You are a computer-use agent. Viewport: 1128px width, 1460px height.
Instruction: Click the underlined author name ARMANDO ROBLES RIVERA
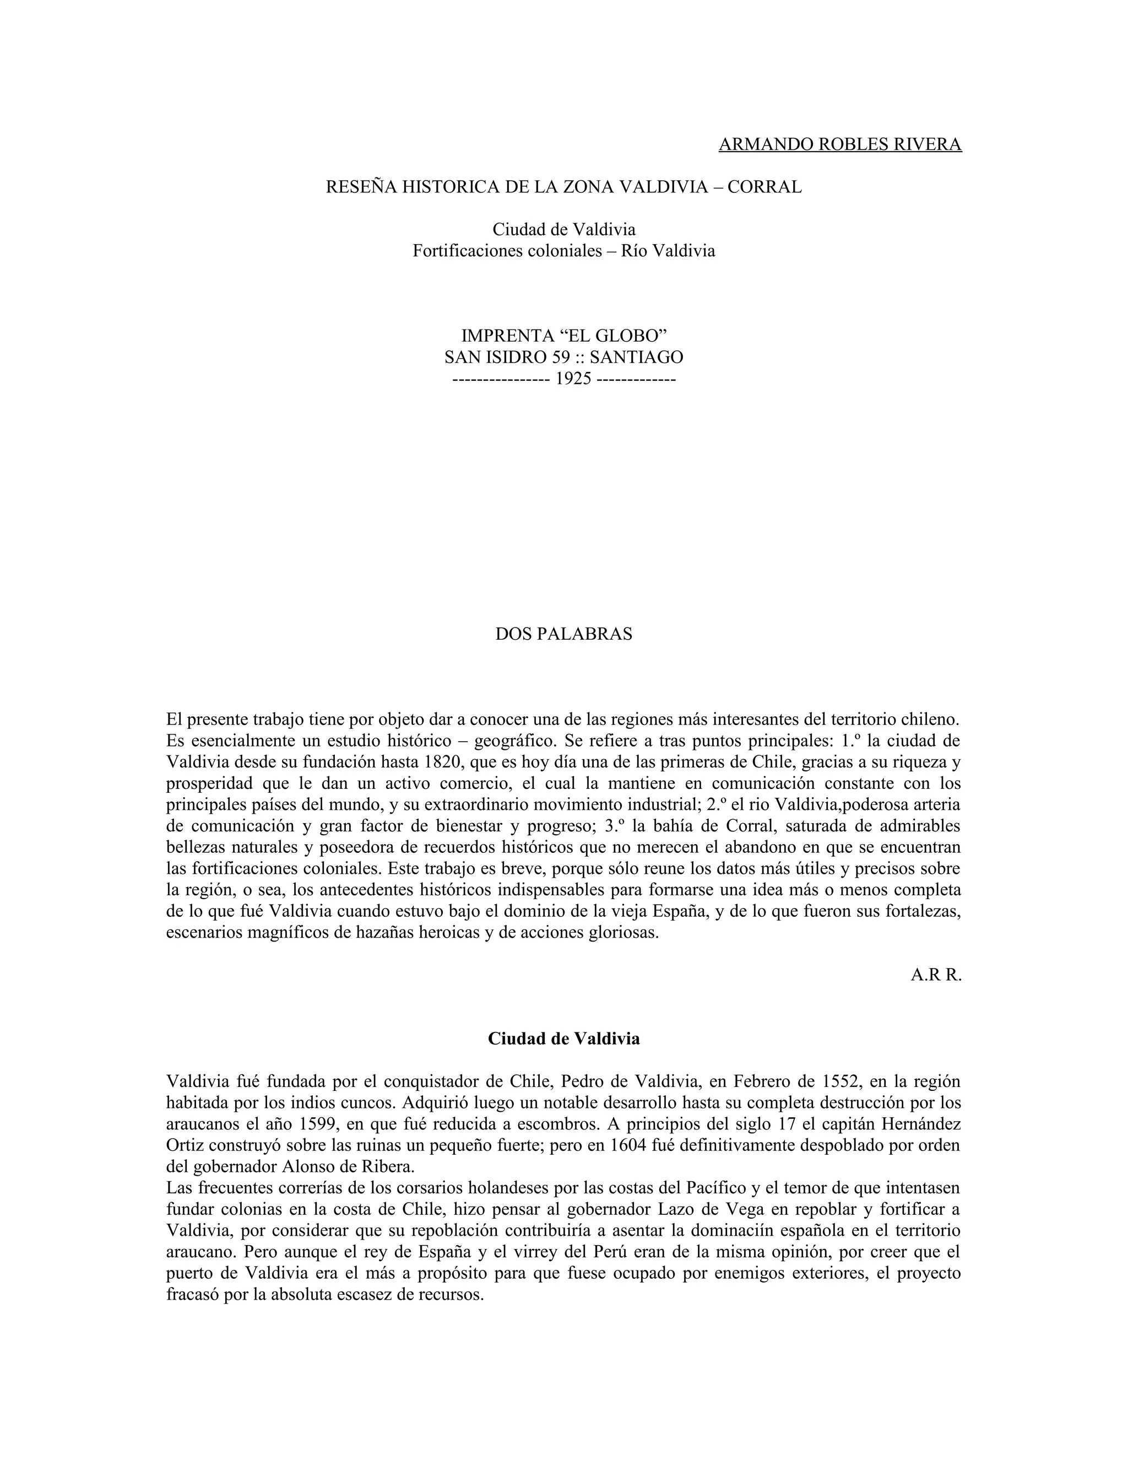(x=840, y=144)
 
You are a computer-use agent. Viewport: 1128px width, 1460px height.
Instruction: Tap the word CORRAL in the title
(x=764, y=187)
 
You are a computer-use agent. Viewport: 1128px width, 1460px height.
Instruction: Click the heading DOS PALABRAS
(x=563, y=634)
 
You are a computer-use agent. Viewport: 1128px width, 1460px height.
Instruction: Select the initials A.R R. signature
(x=936, y=975)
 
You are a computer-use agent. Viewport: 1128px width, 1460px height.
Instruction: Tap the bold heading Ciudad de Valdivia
(x=563, y=1039)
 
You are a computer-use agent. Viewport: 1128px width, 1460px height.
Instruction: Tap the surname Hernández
(x=918, y=1124)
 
